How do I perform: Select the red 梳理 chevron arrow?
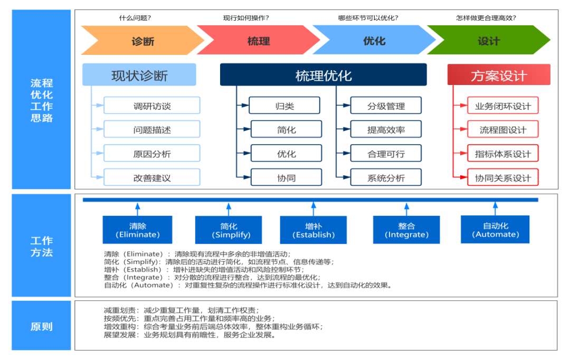(258, 41)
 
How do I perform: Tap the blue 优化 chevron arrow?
(374, 41)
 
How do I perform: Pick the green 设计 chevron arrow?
(489, 41)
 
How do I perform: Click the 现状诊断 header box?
(139, 75)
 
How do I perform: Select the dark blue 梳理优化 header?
(323, 75)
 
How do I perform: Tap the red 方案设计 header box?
(499, 75)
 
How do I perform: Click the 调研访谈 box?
(152, 106)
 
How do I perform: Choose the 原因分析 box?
(152, 154)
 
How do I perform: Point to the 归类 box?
(284, 106)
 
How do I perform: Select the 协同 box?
(286, 177)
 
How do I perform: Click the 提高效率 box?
(386, 129)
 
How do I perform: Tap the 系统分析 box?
(386, 177)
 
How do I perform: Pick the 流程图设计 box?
(503, 129)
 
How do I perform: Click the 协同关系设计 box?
(503, 177)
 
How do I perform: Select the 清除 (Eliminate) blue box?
(137, 230)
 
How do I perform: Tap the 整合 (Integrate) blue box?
(406, 230)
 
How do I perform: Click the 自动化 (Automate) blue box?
(495, 230)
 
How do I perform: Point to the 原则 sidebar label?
(41, 326)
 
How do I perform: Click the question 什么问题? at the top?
(135, 17)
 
